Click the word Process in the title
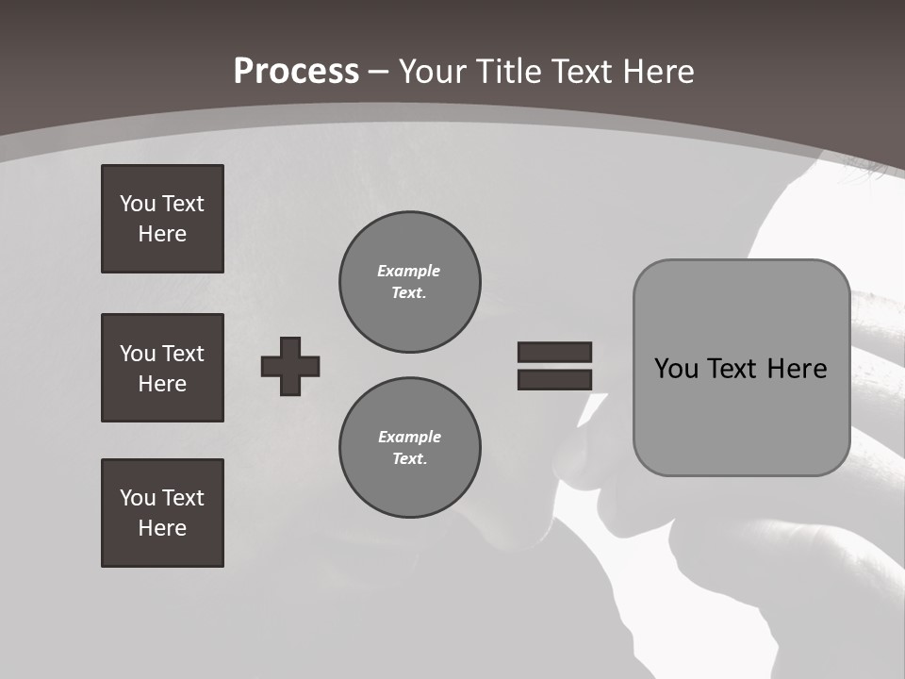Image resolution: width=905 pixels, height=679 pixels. (x=296, y=72)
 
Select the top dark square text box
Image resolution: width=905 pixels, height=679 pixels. (x=162, y=219)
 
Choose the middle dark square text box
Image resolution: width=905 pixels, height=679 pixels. (x=162, y=368)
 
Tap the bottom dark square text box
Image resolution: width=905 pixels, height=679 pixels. (x=162, y=513)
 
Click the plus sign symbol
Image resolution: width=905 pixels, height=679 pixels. (x=290, y=366)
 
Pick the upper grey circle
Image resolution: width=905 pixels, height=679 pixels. (x=410, y=282)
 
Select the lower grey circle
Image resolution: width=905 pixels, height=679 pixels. (x=410, y=448)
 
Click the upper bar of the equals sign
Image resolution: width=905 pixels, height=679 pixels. (x=554, y=352)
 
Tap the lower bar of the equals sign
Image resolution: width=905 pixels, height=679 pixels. (x=554, y=379)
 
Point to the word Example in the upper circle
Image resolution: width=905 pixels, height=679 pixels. (x=409, y=271)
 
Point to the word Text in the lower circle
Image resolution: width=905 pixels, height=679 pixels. (x=408, y=459)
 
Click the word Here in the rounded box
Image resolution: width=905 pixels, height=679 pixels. (x=797, y=369)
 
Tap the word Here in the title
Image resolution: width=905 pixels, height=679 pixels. (x=657, y=72)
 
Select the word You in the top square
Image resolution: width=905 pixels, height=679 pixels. (x=138, y=204)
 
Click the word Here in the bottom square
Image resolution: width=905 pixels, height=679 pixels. (x=162, y=528)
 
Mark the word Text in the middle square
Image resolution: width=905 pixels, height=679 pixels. (x=183, y=354)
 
